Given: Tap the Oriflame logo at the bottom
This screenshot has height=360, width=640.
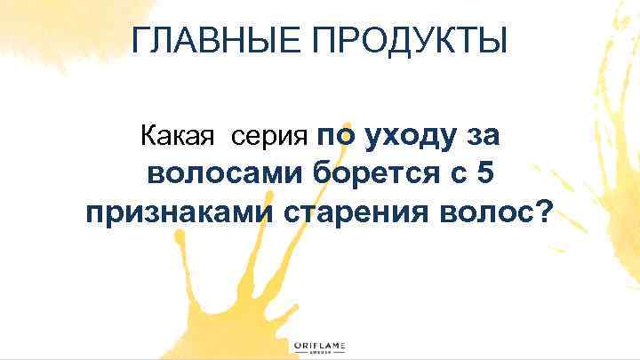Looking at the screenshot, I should tap(320, 347).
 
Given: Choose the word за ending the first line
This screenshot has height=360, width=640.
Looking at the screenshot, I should tap(484, 137).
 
